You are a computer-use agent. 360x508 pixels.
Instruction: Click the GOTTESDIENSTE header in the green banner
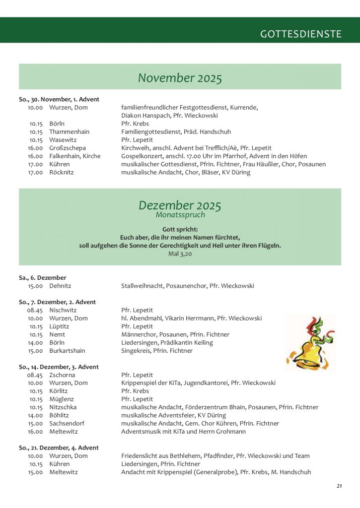point(301,34)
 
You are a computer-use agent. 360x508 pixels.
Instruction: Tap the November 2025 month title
point(180,78)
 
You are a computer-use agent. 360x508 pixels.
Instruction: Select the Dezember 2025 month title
point(180,205)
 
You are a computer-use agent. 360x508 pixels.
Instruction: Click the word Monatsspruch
point(180,215)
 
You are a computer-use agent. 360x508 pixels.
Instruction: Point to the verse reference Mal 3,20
point(180,254)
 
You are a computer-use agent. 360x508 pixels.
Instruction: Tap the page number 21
point(339,486)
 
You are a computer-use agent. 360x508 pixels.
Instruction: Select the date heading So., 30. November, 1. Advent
point(59,99)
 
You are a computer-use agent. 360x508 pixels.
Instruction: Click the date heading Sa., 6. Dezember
point(43,278)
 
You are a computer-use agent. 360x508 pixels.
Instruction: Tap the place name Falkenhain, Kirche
point(75,156)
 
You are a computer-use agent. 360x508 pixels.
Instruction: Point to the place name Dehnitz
point(60,286)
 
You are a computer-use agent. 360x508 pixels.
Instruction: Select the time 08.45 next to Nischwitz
point(35,310)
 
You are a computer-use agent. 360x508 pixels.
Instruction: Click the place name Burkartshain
point(67,351)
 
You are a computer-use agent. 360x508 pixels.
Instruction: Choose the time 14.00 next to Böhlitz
point(35,415)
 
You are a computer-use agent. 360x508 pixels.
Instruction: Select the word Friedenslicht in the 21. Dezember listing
point(140,455)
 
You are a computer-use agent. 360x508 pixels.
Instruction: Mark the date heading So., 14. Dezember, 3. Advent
point(59,367)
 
